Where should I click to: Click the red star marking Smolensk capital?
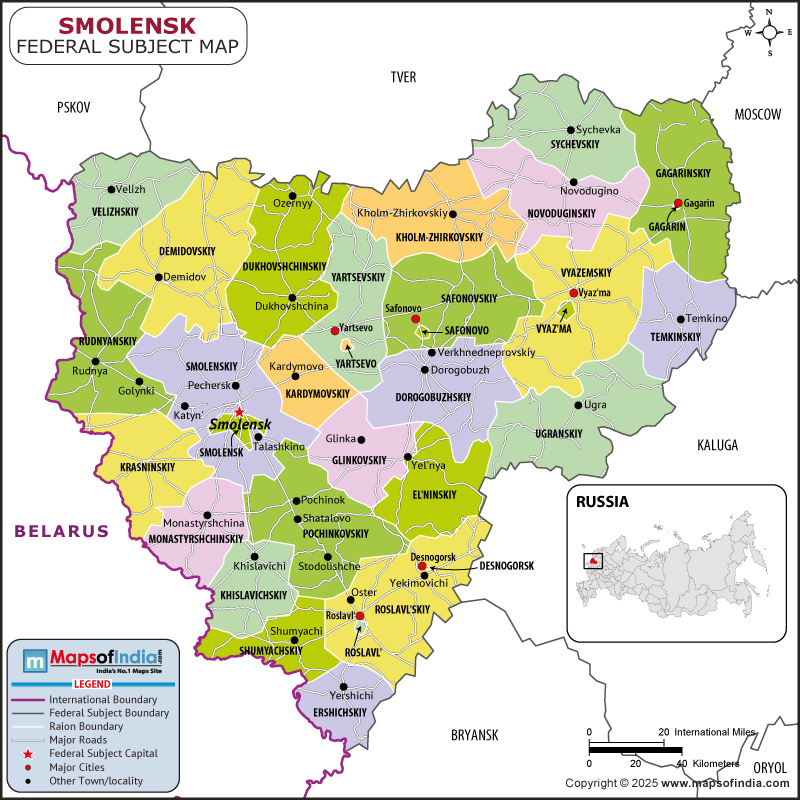tap(239, 412)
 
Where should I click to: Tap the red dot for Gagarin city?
tap(678, 204)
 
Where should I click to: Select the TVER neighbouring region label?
tap(403, 77)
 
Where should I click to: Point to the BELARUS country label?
tap(61, 531)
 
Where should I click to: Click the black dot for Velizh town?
tap(111, 189)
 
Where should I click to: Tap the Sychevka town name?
tap(599, 130)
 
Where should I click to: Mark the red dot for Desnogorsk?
tap(423, 567)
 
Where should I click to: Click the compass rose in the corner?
tap(769, 30)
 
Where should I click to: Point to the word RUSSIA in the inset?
tap(602, 502)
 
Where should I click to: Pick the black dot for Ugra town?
tap(578, 405)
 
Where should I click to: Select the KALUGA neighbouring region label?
tap(717, 444)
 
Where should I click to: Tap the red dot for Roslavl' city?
tap(360, 616)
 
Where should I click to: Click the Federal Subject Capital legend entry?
tap(102, 753)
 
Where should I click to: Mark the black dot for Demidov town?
tap(158, 277)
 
